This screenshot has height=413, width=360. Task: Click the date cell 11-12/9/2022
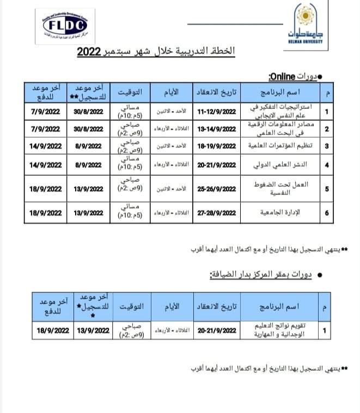[217, 113]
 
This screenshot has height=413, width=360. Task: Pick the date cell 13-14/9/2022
[217, 130]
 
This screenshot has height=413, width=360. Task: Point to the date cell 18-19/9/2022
[217, 146]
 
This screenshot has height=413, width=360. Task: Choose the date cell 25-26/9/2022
[217, 189]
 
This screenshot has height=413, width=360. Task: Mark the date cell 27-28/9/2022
[217, 213]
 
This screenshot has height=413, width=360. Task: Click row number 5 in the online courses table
[326, 189]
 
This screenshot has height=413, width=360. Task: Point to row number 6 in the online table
[326, 213]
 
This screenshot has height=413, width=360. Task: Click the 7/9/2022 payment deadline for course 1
[46, 113]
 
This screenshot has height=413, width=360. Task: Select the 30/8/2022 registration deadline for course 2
[88, 130]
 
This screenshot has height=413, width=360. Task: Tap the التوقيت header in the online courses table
[132, 90]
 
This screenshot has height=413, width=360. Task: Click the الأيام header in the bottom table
[171, 307]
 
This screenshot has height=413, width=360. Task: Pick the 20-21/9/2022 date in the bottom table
[217, 330]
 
